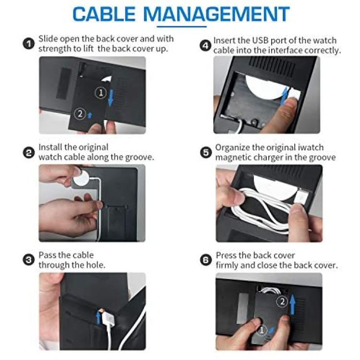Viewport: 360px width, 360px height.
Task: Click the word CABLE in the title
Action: [104, 14]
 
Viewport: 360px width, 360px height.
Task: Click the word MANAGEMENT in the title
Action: [216, 14]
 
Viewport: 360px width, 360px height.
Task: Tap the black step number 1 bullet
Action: [29, 44]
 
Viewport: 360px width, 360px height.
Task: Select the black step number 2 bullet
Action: [29, 153]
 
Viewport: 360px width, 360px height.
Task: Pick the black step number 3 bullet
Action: [29, 260]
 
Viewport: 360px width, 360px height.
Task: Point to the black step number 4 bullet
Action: [205, 46]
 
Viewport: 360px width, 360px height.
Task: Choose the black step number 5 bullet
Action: [206, 153]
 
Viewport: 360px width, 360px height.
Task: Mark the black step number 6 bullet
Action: [206, 260]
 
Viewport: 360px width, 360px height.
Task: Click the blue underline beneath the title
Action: [181, 26]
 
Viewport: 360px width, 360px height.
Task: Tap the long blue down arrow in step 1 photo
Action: [111, 98]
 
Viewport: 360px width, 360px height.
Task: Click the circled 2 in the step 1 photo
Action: [80, 114]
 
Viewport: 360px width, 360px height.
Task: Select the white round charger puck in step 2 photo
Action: [81, 178]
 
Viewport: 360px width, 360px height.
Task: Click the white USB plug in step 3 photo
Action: [108, 317]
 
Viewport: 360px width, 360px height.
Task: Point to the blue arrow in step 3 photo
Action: [98, 317]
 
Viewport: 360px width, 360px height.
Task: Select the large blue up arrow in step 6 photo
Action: [292, 304]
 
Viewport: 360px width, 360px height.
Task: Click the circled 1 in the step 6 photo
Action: [261, 331]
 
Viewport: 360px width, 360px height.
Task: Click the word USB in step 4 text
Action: [260, 40]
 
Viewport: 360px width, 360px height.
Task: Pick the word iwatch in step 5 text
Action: [311, 147]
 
